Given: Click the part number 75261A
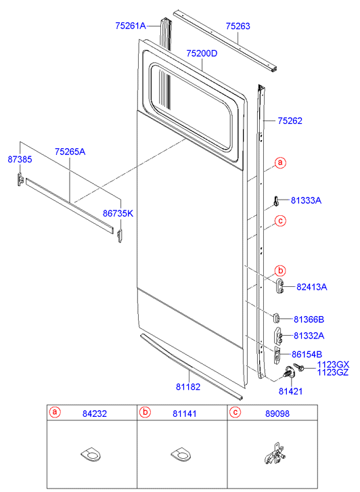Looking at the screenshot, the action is click(131, 26).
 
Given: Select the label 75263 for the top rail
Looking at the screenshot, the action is click(238, 26).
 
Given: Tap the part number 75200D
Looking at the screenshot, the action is click(202, 53).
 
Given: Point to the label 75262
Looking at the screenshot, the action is click(290, 121).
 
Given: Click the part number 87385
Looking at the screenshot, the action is click(20, 160).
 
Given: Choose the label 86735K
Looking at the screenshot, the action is click(118, 213).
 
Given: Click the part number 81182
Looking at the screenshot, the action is click(188, 386).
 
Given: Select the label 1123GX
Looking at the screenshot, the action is click(333, 365).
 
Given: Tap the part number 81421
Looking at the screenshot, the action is click(290, 391).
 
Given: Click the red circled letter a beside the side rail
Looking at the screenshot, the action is click(281, 162).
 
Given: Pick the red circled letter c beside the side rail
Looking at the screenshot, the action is click(281, 221).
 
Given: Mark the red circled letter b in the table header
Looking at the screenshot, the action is click(145, 412).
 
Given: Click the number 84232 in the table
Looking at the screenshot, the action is click(95, 414).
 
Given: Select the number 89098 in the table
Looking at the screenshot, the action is click(277, 414).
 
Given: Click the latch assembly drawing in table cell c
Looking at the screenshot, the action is click(273, 453).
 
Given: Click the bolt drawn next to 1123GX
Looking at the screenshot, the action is click(298, 367).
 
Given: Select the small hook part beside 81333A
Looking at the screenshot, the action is click(275, 201).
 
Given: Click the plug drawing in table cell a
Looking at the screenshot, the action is click(91, 454).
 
